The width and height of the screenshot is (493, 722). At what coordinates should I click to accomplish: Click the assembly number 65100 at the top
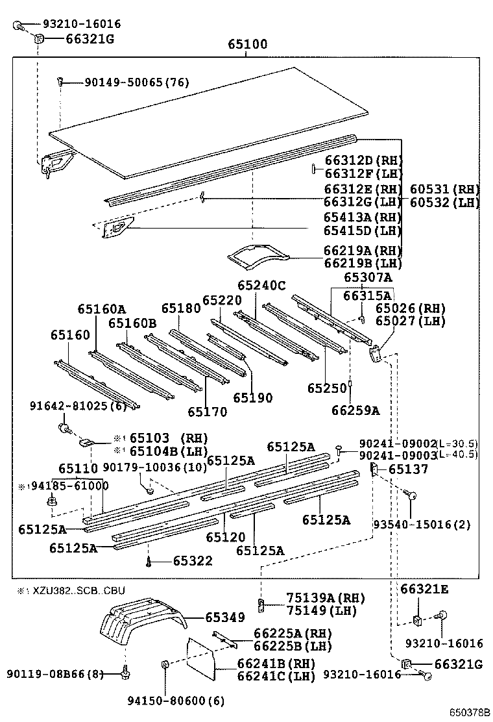pyautogui.click(x=247, y=45)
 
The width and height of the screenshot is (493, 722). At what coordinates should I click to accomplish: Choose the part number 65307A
pyautogui.click(x=368, y=277)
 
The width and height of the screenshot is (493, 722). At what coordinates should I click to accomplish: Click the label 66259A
pyautogui.click(x=355, y=410)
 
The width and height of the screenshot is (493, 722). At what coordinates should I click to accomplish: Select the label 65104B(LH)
pyautogui.click(x=160, y=451)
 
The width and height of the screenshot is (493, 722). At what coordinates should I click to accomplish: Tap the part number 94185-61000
pyautogui.click(x=67, y=486)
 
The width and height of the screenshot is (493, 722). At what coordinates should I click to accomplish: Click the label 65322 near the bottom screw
pyautogui.click(x=193, y=560)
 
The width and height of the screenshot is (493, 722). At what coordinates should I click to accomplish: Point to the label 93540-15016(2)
pyautogui.click(x=422, y=524)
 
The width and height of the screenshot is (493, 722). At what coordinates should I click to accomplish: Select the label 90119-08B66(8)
pyautogui.click(x=56, y=673)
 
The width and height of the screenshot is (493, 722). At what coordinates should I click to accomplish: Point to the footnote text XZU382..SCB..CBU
pyautogui.click(x=77, y=590)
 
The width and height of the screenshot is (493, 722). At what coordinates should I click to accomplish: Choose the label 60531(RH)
pyautogui.click(x=444, y=189)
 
